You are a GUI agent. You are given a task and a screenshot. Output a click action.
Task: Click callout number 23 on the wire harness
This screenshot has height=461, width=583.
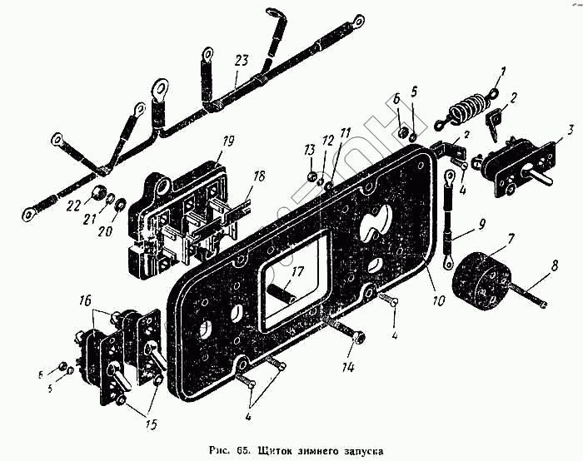242,60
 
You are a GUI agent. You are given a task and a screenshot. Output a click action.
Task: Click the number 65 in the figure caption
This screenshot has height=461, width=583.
242,450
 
